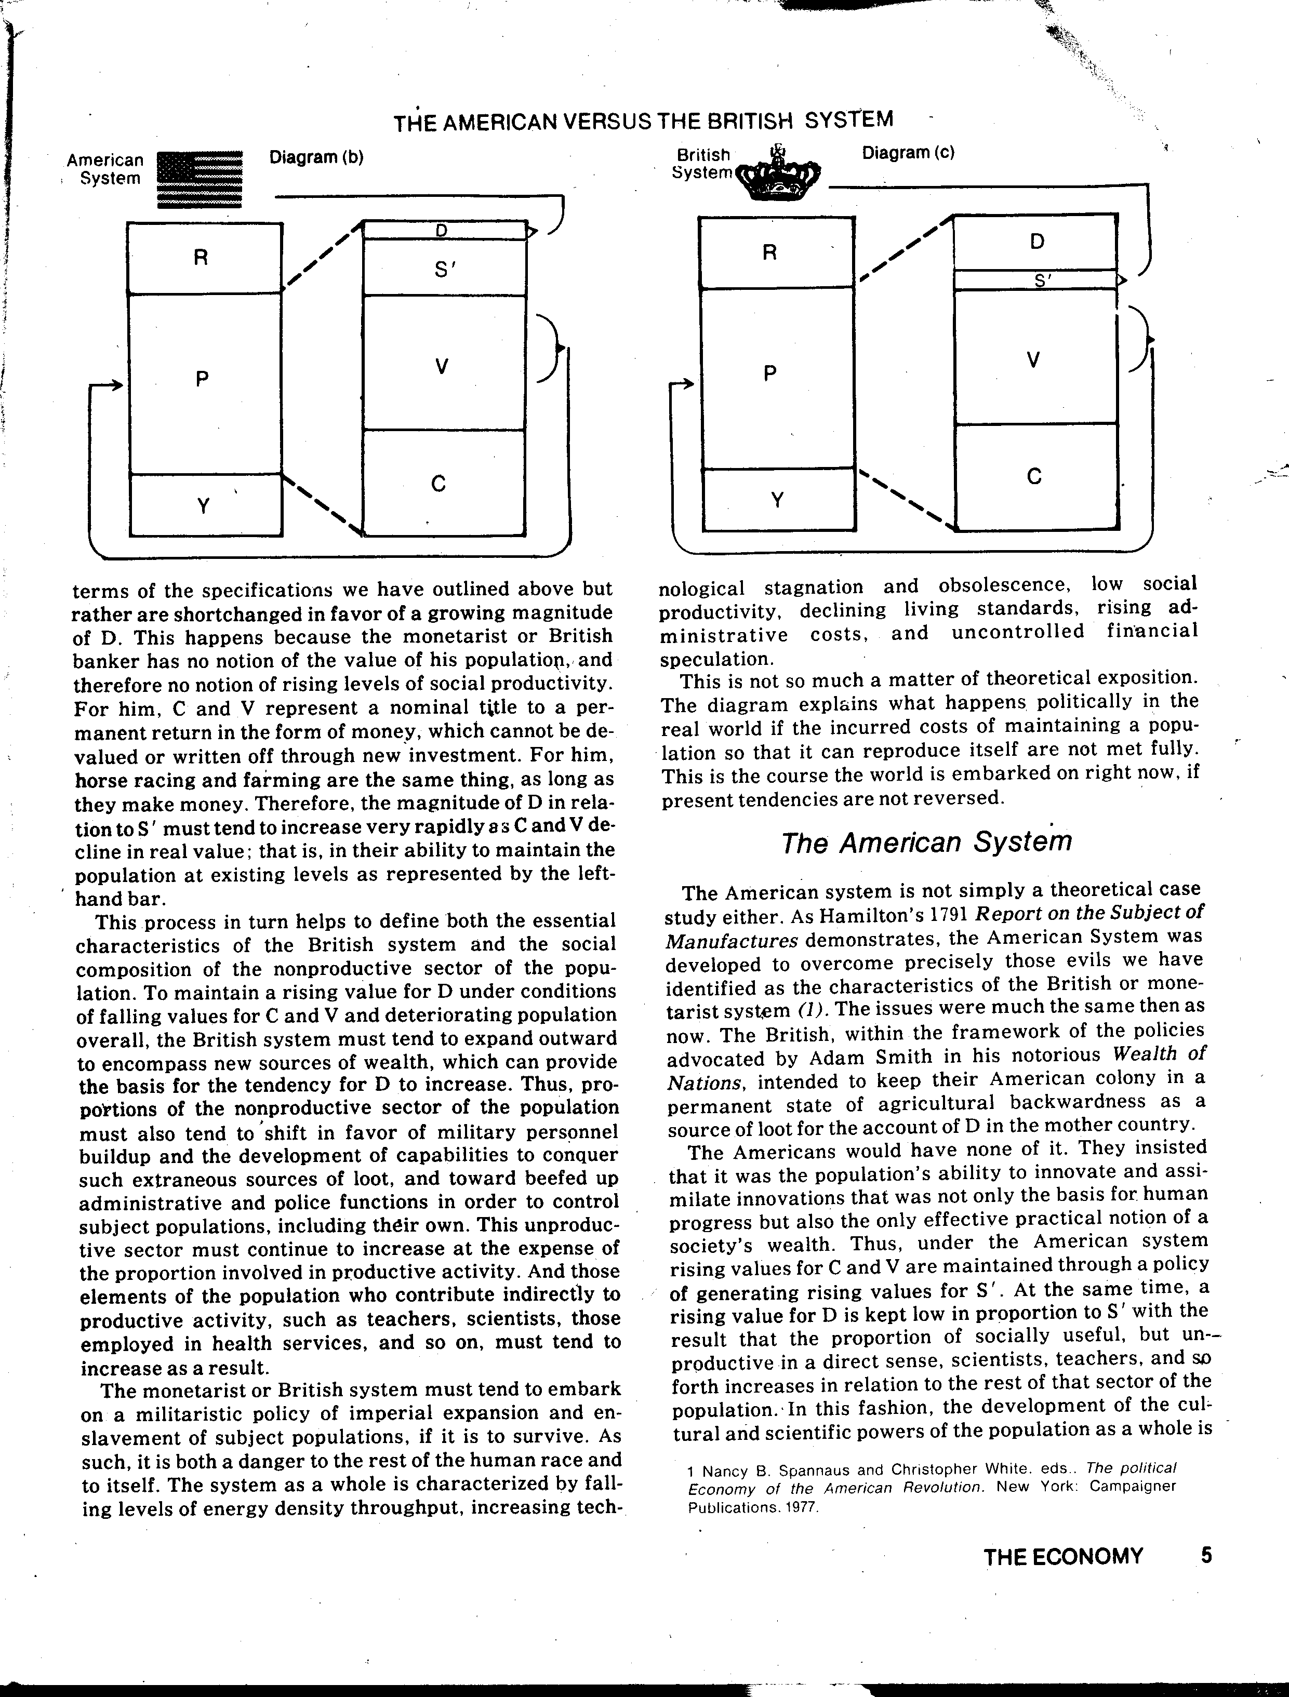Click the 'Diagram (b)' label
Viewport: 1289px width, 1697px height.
(x=316, y=157)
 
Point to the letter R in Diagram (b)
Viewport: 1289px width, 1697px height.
(x=201, y=258)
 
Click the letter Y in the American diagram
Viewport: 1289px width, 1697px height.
(x=203, y=506)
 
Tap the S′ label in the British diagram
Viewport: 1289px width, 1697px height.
(x=1041, y=281)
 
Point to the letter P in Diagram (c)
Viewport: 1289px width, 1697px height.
(x=770, y=373)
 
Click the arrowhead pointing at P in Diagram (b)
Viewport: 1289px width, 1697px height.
(x=116, y=385)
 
